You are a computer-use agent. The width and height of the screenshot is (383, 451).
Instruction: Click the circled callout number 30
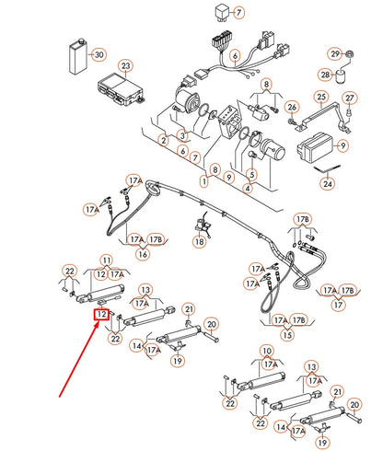click(x=99, y=54)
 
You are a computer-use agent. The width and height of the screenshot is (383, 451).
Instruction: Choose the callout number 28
click(x=326, y=74)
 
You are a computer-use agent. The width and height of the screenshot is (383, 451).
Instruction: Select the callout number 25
click(x=321, y=98)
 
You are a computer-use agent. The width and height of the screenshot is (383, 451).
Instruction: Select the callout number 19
click(x=176, y=361)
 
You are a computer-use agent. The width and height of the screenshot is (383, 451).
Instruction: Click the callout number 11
click(x=106, y=260)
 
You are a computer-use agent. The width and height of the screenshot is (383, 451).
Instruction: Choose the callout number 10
click(x=268, y=352)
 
